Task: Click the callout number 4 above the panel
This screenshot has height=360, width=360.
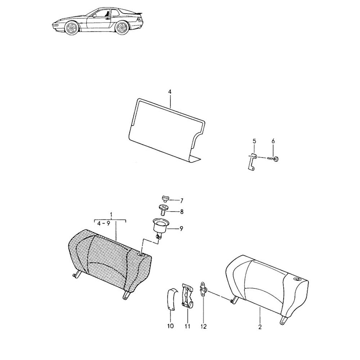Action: pyautogui.click(x=170, y=92)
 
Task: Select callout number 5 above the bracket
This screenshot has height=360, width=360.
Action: pyautogui.click(x=254, y=141)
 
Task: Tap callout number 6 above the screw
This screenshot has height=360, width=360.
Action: pyautogui.click(x=273, y=141)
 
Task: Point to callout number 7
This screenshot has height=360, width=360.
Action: pyautogui.click(x=181, y=201)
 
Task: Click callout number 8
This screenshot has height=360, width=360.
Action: pyautogui.click(x=182, y=211)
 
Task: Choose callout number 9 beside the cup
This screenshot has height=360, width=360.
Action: pyautogui.click(x=181, y=229)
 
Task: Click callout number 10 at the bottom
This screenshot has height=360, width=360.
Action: pyautogui.click(x=171, y=326)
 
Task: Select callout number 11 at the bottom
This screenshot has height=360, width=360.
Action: pyautogui.click(x=188, y=326)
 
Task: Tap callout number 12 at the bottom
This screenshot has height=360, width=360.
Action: pyautogui.click(x=204, y=326)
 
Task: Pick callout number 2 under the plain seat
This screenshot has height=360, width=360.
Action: pyautogui.click(x=260, y=327)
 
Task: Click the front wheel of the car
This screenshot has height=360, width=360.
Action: pyautogui.click(x=71, y=28)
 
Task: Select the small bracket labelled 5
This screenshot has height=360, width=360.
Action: pyautogui.click(x=252, y=162)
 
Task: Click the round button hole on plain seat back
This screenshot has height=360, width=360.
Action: pyautogui.click(x=297, y=279)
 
